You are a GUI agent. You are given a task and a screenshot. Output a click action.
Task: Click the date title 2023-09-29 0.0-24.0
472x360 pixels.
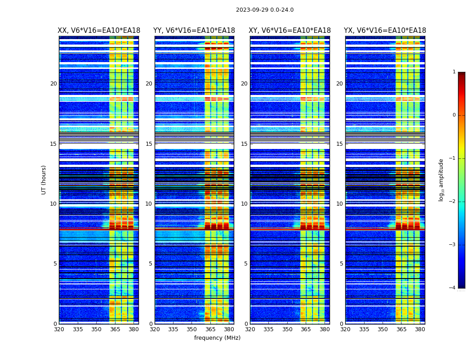pos(264,10)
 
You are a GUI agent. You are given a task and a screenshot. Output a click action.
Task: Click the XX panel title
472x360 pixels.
pos(99,31)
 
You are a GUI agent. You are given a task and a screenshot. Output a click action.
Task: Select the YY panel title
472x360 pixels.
pos(194,31)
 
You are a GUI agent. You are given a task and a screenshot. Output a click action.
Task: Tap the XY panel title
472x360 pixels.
pos(289,31)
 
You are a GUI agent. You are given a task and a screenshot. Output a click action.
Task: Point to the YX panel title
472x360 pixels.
pos(385,31)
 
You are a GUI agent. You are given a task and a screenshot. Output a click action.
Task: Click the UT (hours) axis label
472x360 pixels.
pos(44,180)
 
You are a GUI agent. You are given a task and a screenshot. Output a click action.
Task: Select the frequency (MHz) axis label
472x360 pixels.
pos(217,338)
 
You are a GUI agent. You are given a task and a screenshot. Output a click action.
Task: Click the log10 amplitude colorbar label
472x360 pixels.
pos(441,180)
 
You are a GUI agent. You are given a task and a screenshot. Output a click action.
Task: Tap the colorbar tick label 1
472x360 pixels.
pos(454,72)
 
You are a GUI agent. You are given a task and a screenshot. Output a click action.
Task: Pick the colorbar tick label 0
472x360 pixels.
pos(454,115)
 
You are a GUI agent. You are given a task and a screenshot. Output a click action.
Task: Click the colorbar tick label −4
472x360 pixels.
pos(453,288)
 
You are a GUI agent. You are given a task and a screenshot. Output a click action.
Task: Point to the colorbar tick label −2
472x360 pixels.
pos(453,202)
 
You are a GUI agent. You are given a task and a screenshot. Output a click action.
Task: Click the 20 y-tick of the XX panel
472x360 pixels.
pos(53,84)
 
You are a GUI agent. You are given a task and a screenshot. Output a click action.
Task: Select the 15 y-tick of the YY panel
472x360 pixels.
pos(149,144)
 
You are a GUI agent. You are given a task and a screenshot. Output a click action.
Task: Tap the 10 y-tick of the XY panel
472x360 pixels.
pos(244,204)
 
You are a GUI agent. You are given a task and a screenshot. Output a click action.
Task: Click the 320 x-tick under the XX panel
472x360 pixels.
pos(59,329)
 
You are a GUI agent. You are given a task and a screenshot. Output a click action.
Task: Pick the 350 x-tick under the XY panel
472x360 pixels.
pos(287,329)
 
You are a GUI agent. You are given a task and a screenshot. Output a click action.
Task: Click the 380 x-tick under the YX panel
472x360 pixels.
pos(420,329)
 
